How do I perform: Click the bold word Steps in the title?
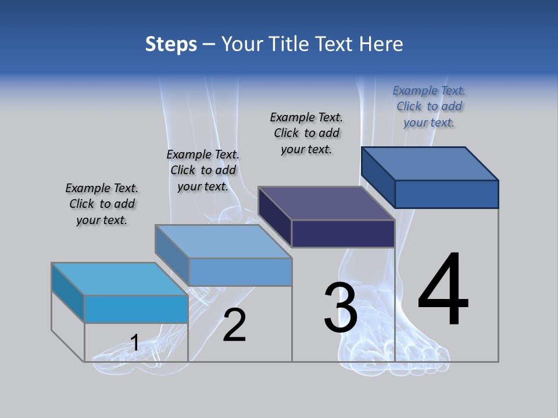click(x=171, y=44)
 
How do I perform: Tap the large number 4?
click(x=443, y=290)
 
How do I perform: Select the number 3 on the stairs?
click(x=340, y=308)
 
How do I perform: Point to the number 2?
click(x=234, y=325)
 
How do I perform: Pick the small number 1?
click(x=134, y=343)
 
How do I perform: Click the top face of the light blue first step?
click(x=119, y=279)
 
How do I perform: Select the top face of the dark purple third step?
click(x=326, y=203)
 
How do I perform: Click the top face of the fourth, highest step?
click(x=430, y=163)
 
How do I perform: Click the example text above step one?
click(x=102, y=204)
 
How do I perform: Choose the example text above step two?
click(x=203, y=170)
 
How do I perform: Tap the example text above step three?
click(x=306, y=133)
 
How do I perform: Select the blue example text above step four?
click(x=429, y=106)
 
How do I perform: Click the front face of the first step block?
click(x=136, y=309)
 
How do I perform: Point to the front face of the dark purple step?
click(x=343, y=234)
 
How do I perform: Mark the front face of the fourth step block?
click(x=446, y=194)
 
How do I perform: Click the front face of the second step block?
click(x=240, y=272)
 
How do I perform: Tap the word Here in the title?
click(x=382, y=44)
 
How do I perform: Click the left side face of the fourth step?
click(x=378, y=176)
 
